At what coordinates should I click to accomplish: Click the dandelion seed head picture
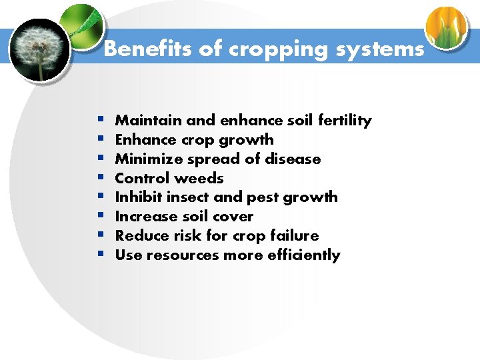tap(39, 49)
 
